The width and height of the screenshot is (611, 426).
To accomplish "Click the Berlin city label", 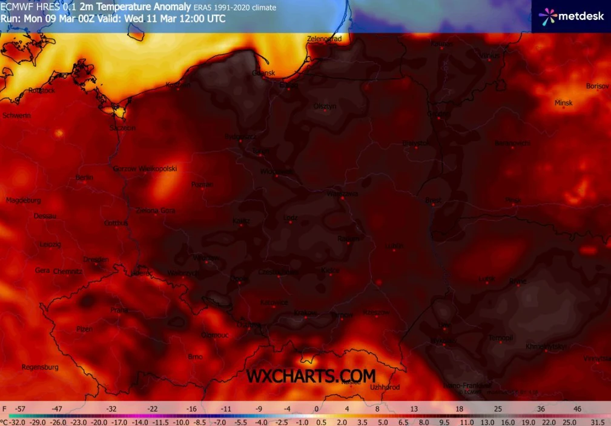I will point(85,178).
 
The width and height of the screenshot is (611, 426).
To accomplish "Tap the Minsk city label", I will point(563,103).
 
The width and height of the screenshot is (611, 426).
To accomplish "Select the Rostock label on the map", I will point(42,91).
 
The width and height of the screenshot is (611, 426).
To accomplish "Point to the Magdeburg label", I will point(23,200).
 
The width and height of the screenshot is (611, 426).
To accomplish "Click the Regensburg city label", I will point(40,367).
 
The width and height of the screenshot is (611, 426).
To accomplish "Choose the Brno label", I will point(195,357).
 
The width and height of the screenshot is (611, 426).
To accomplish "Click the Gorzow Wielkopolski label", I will point(145,169).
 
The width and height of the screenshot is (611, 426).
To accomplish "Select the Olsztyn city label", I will point(325,107).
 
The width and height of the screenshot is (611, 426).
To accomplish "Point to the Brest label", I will point(433,200).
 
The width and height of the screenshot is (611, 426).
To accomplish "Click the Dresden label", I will point(96,259).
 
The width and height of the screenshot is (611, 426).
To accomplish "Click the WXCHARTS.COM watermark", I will point(311,376).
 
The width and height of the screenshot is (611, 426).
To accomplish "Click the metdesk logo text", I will point(581,16).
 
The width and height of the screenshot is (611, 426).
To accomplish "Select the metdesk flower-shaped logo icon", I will point(547,16).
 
